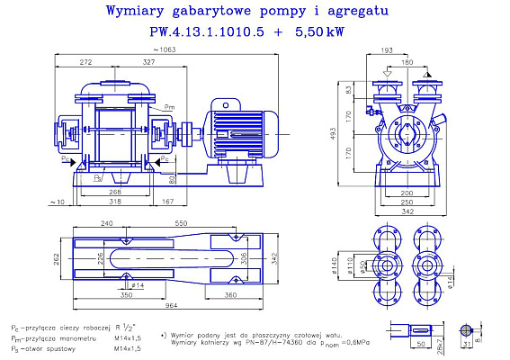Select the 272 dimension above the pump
click(86, 62)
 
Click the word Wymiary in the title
click(139, 12)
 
